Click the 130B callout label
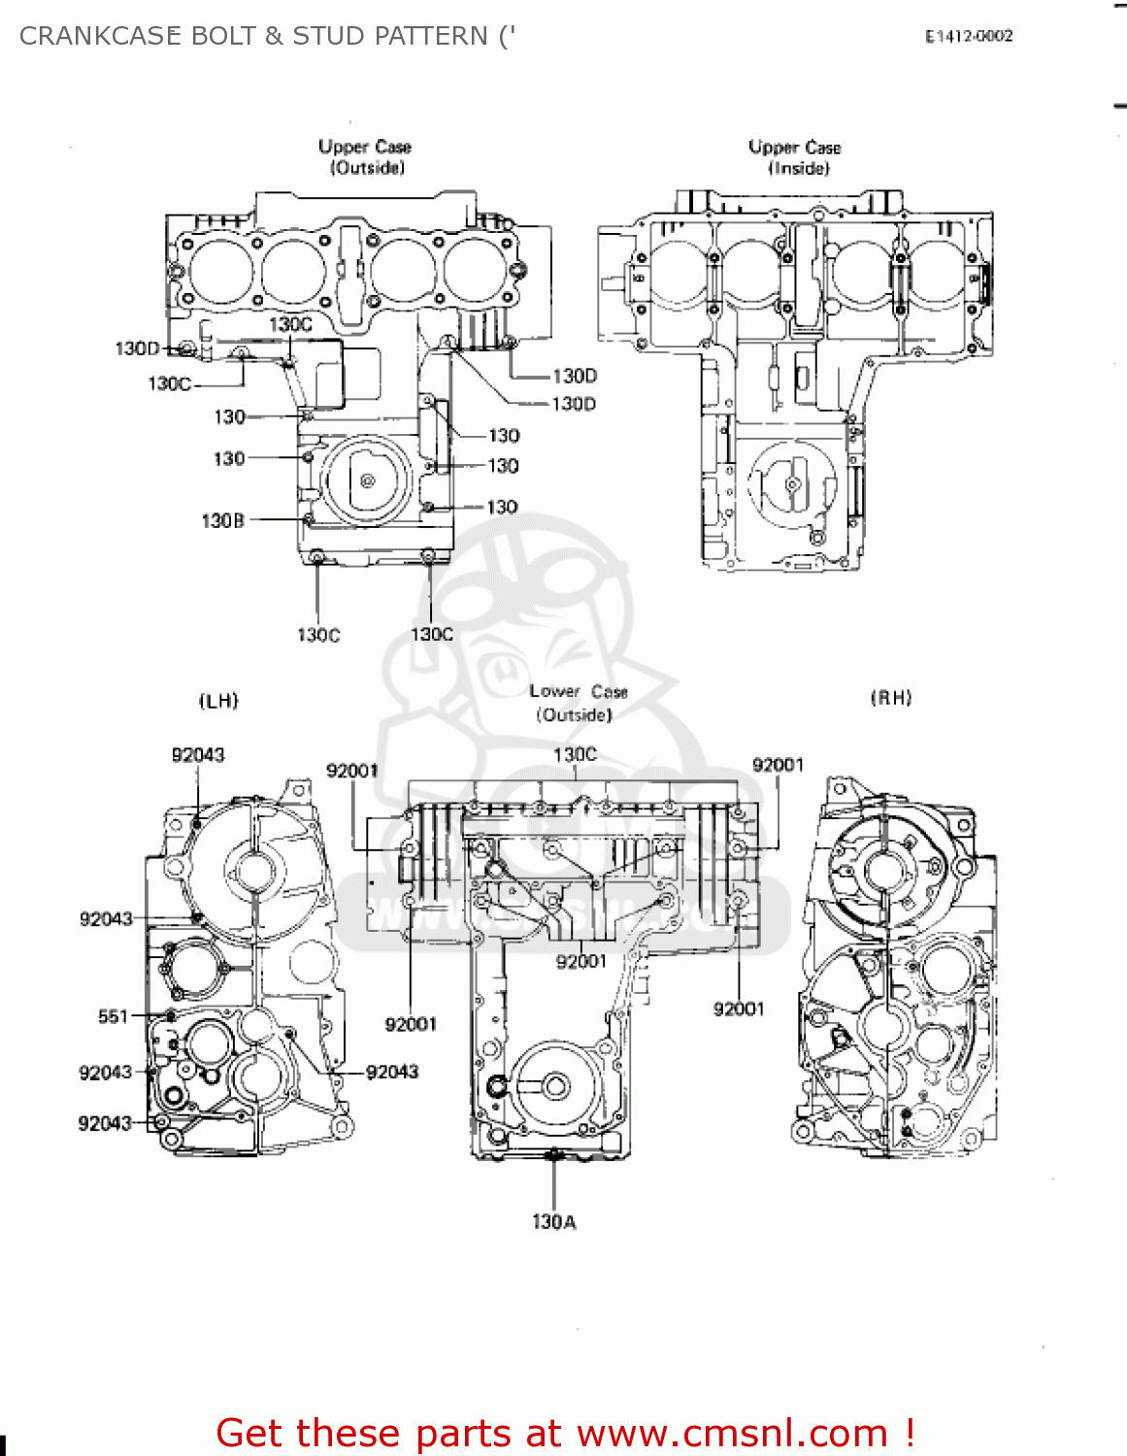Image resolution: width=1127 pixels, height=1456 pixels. (x=222, y=521)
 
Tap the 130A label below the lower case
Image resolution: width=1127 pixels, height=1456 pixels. (x=553, y=1222)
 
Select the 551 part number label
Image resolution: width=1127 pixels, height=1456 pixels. (x=113, y=1016)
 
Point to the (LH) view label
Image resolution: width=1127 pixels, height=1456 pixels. (x=218, y=701)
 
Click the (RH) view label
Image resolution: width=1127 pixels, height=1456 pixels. (x=891, y=698)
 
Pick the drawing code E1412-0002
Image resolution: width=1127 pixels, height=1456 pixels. (x=968, y=37)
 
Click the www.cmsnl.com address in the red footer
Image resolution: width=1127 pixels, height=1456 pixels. (x=733, y=1434)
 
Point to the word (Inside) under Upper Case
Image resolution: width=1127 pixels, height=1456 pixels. (x=799, y=169)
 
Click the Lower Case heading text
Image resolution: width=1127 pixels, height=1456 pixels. (x=579, y=692)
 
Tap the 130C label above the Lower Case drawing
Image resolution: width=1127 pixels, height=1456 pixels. (x=575, y=754)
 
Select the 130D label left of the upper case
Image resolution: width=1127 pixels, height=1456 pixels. (x=137, y=348)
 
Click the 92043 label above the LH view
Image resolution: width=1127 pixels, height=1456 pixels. (x=198, y=755)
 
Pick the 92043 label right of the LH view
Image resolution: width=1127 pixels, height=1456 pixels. (x=392, y=1072)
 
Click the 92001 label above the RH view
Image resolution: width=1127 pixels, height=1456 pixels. (x=778, y=765)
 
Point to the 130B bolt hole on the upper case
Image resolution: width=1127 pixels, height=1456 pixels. (x=309, y=519)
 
